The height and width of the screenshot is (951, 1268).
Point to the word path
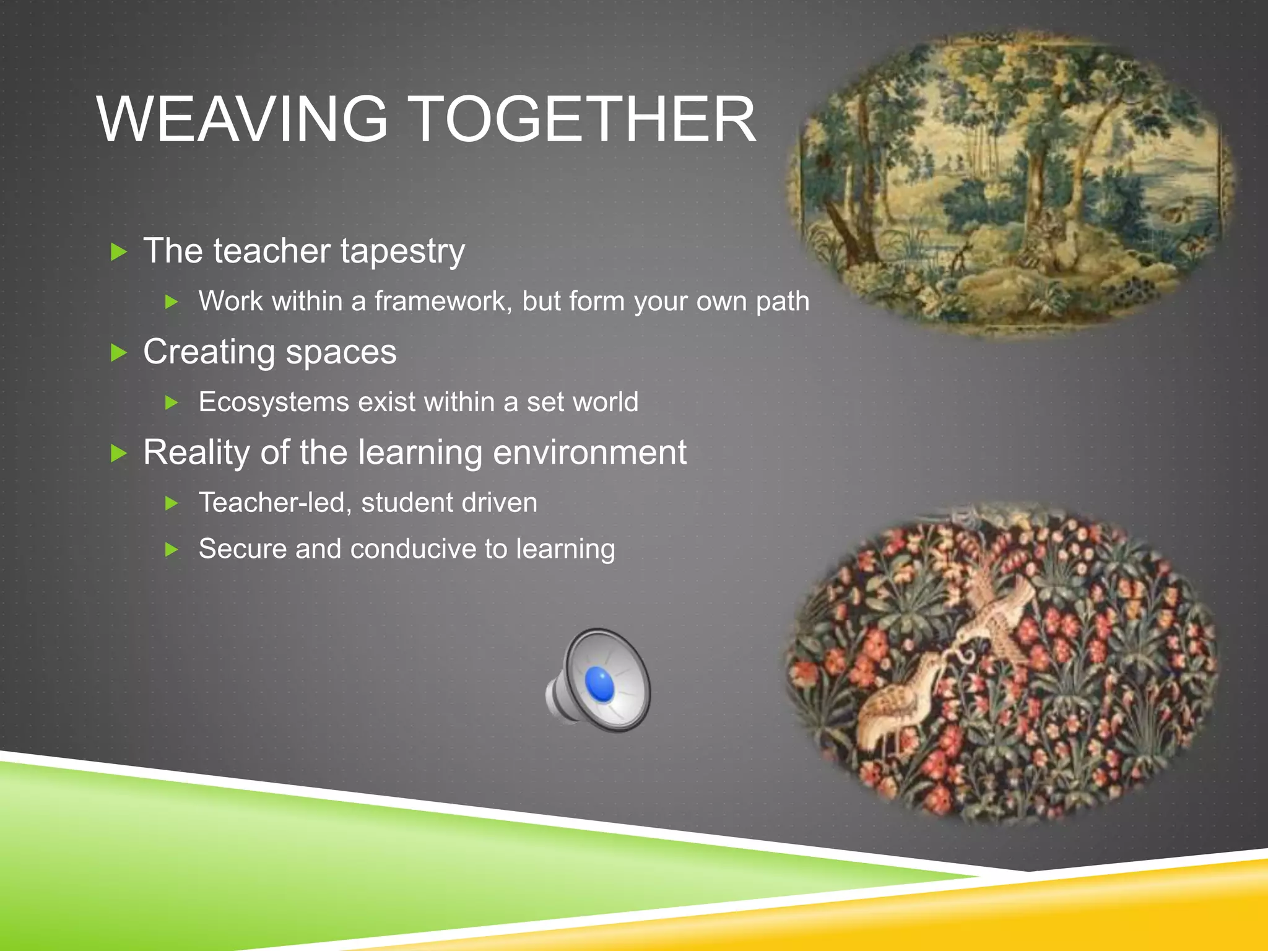coord(783,302)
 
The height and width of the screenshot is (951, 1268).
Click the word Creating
coord(209,352)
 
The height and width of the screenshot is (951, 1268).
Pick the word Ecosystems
coord(274,402)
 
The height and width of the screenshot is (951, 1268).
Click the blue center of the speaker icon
coord(599,685)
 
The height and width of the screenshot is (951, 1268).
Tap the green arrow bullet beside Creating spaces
coord(118,353)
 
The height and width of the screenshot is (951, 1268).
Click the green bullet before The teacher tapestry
coord(118,252)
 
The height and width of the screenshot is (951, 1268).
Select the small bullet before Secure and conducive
coord(172,550)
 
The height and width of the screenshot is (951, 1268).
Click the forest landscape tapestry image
coord(1009,186)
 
